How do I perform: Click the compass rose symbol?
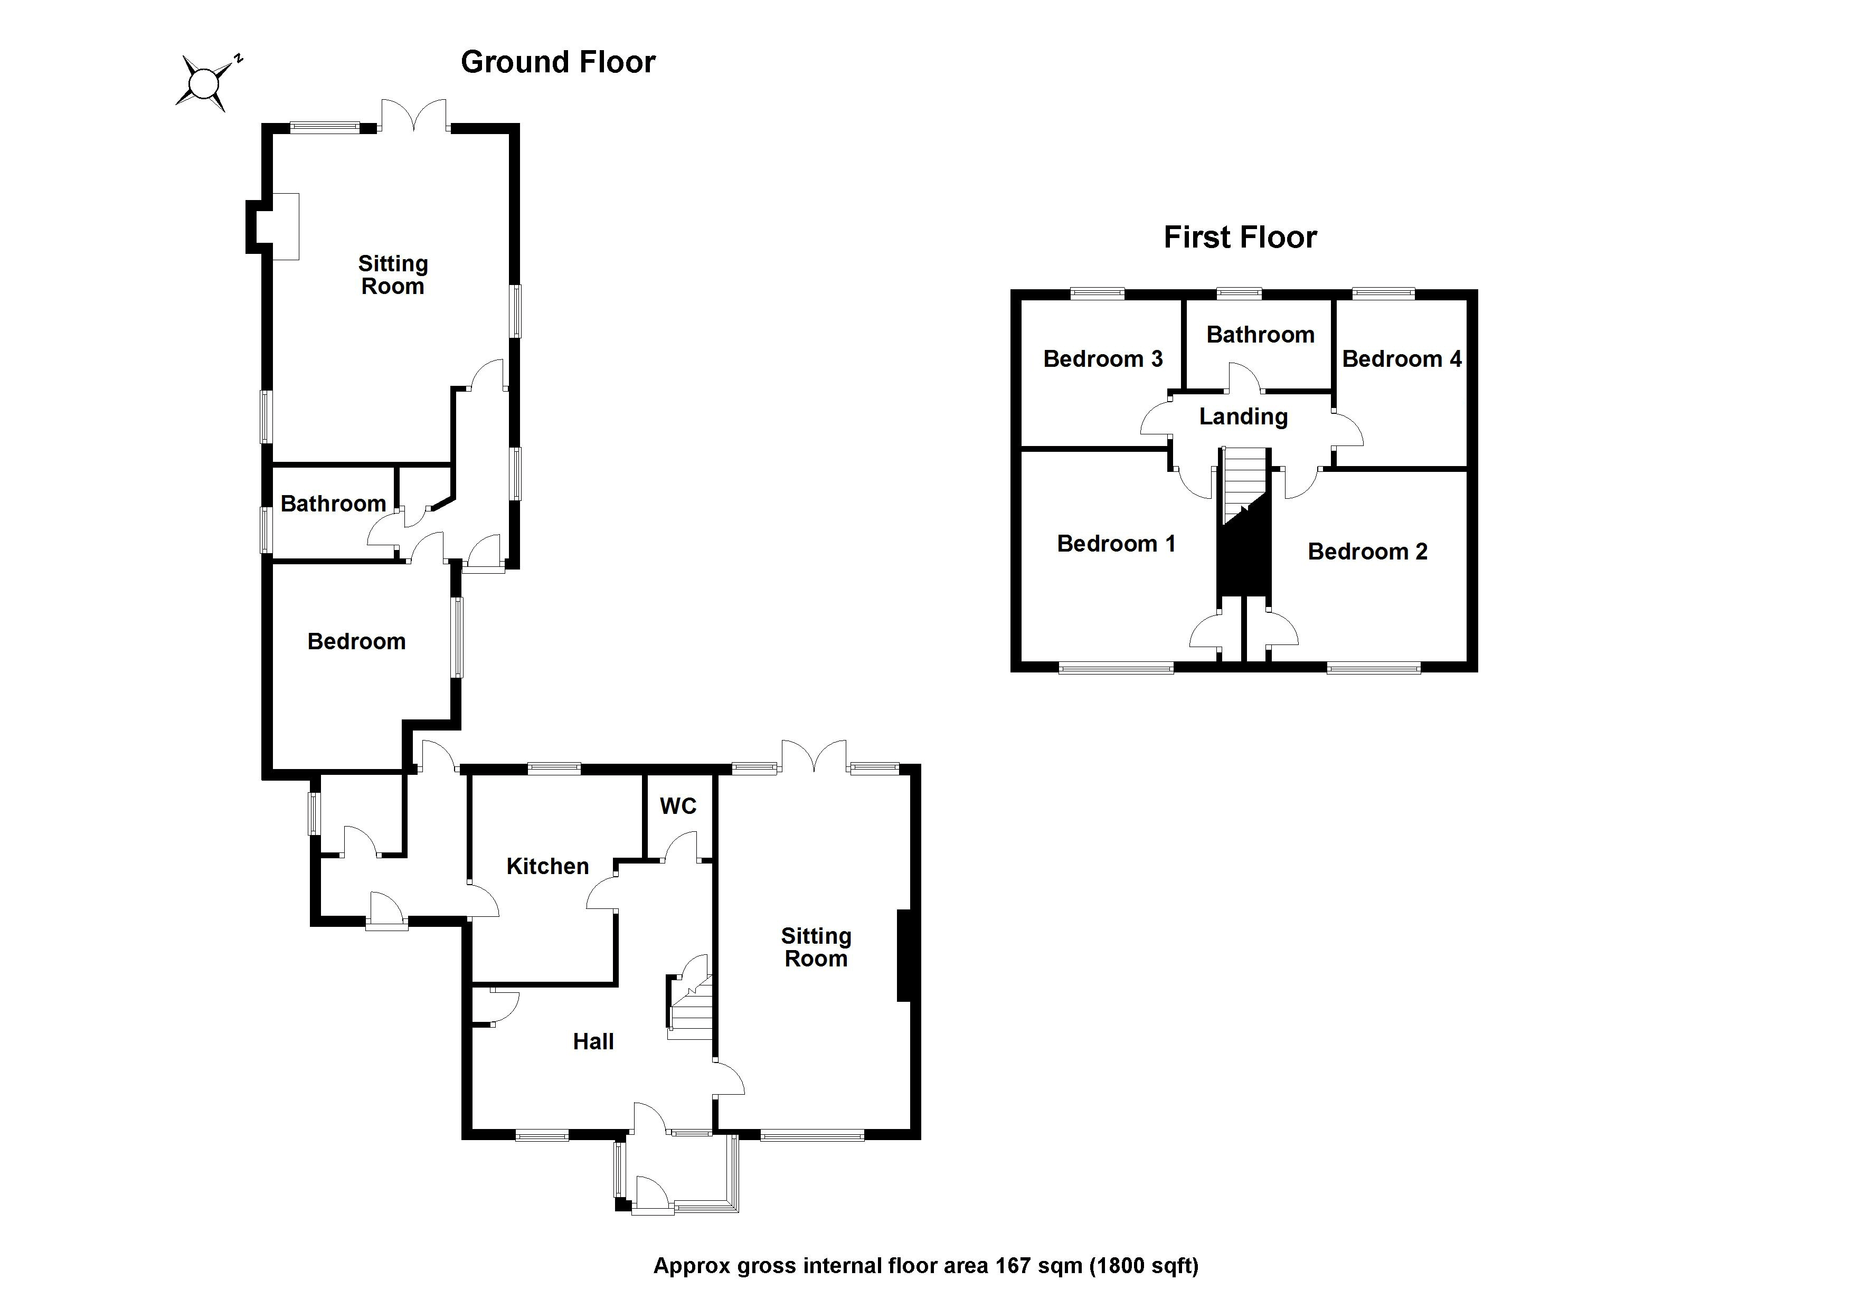[x=204, y=82]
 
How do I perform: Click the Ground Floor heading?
[x=558, y=62]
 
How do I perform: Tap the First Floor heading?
[x=1239, y=237]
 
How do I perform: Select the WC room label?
[x=677, y=806]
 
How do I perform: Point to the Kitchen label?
[x=547, y=866]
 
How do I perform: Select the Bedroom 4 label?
[x=1401, y=359]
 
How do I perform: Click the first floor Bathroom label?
[x=1260, y=335]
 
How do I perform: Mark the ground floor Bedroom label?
[x=356, y=642]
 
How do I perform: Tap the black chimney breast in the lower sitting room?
[x=904, y=956]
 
